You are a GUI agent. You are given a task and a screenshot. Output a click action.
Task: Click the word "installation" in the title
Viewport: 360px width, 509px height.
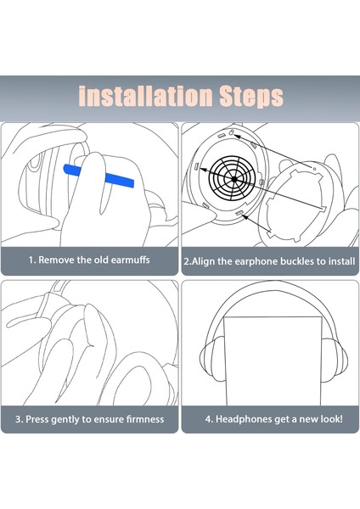pos(145,96)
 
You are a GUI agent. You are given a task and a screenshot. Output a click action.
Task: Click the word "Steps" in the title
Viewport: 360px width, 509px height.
pos(251,97)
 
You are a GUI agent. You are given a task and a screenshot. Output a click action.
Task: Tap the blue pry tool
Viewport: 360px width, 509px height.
pos(98,175)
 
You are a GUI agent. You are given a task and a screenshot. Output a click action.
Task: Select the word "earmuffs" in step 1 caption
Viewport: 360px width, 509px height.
pos(130,260)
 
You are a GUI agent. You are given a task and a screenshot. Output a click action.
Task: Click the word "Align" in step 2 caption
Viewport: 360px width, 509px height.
pos(204,261)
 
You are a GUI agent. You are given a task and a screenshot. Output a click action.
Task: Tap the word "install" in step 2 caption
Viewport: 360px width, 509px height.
pos(341,261)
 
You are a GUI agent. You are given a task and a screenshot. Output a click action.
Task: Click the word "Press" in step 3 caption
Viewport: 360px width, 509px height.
pos(37,419)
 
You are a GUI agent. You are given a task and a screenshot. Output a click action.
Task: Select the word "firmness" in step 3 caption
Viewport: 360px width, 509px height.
pos(145,419)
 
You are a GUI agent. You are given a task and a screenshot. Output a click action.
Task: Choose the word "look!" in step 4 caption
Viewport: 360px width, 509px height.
pos(331,419)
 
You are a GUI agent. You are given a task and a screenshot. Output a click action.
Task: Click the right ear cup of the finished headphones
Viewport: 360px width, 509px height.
pos(335,361)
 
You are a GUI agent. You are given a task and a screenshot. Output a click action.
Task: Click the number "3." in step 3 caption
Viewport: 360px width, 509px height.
pos(20,419)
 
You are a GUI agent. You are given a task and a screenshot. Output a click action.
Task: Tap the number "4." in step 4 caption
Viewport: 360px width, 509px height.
pos(209,419)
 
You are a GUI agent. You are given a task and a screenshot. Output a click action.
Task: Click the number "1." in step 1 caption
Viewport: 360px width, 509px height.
pos(32,260)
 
